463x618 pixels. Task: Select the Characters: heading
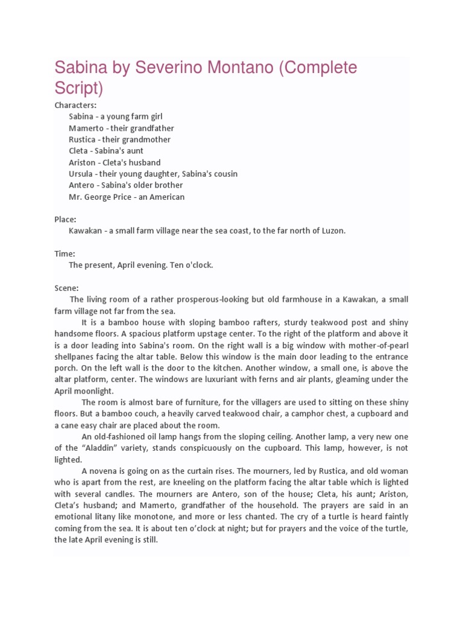pyautogui.click(x=75, y=105)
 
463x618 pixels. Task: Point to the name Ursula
pyautogui.click(x=82, y=174)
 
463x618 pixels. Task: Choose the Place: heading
pyautogui.click(x=65, y=220)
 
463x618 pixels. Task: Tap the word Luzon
pyautogui.click(x=333, y=231)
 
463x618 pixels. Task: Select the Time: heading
pyautogui.click(x=65, y=254)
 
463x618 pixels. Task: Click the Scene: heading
pyautogui.click(x=66, y=288)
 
